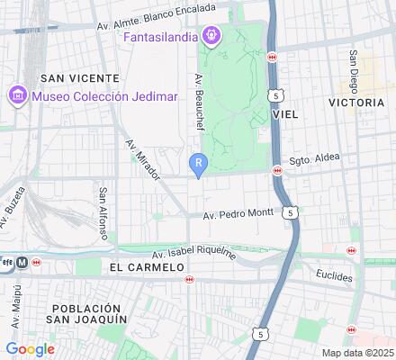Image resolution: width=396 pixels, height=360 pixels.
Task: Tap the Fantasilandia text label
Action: pyautogui.click(x=162, y=38)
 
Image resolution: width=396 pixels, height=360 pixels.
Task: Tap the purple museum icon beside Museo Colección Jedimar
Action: pyautogui.click(x=15, y=94)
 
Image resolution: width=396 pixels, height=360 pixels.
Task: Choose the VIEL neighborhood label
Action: pyautogui.click(x=284, y=114)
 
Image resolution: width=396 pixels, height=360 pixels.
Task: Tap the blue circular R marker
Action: pyautogui.click(x=198, y=162)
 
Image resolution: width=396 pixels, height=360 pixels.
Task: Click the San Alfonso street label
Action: pyautogui.click(x=104, y=213)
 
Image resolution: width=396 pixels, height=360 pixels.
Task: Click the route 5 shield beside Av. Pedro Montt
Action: pyautogui.click(x=289, y=212)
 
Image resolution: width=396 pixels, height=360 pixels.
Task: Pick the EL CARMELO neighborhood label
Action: pyautogui.click(x=144, y=268)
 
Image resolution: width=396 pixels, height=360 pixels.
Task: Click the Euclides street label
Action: pyautogui.click(x=334, y=275)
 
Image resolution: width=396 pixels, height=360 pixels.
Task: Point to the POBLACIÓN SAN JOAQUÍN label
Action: pyautogui.click(x=89, y=313)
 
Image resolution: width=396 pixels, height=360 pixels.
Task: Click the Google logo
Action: pyautogui.click(x=30, y=348)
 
